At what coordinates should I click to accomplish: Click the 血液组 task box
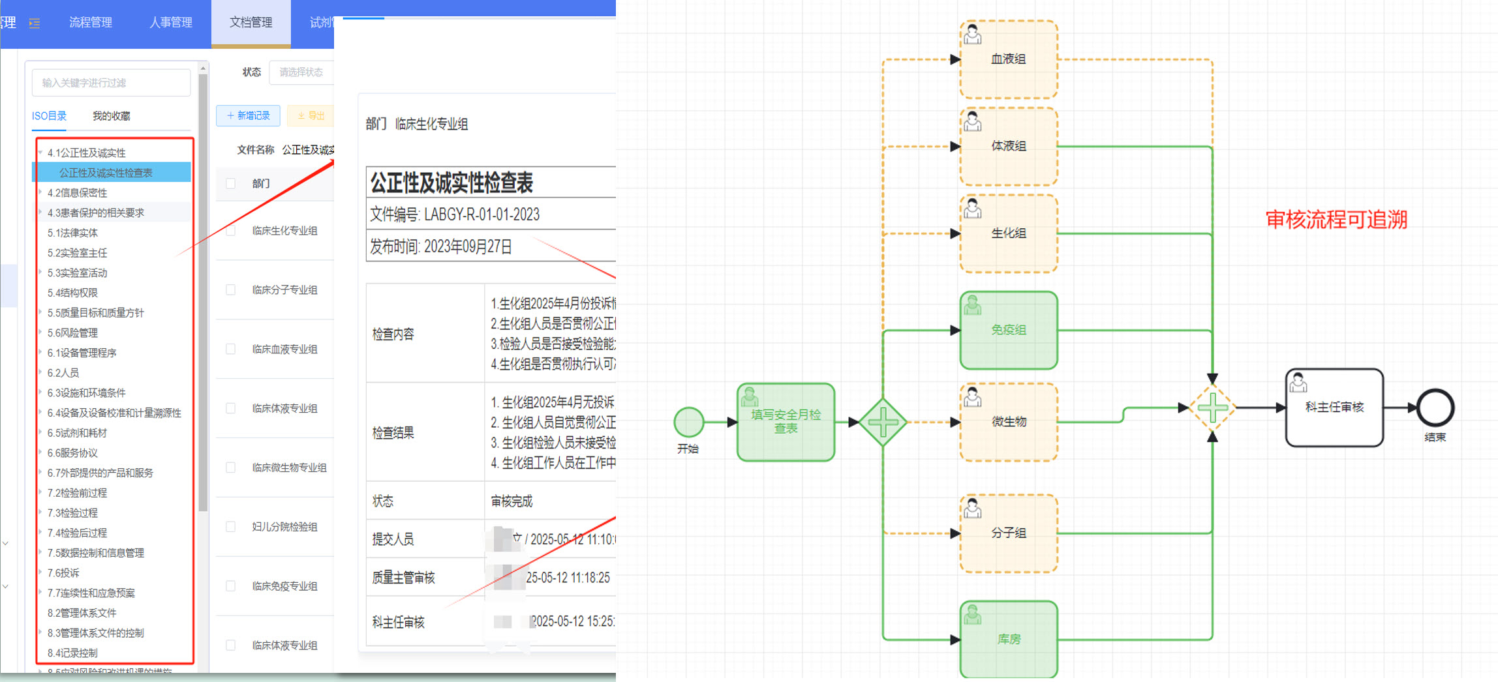click(x=1008, y=59)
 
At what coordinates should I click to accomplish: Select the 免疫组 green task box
click(x=1008, y=330)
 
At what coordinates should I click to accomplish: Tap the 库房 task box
click(x=1008, y=639)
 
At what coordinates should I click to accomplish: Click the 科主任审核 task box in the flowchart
click(x=1334, y=408)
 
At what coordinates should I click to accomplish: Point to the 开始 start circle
click(x=688, y=422)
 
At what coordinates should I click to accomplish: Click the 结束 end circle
click(x=1435, y=408)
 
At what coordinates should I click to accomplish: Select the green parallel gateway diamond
click(x=883, y=422)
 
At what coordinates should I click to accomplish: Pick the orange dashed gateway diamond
click(x=1212, y=408)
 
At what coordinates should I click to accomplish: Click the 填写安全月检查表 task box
click(x=786, y=422)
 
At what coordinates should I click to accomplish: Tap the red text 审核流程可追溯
click(x=1336, y=220)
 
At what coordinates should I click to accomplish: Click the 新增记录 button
click(x=248, y=115)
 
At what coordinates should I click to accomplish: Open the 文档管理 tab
click(x=251, y=23)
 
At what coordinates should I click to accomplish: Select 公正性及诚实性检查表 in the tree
click(x=106, y=173)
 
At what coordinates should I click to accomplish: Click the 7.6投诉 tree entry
click(x=63, y=572)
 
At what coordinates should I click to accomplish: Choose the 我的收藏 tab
click(x=111, y=116)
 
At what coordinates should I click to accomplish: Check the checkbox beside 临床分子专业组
click(x=230, y=289)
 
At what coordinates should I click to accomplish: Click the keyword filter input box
click(x=111, y=83)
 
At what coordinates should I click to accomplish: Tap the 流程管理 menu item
click(x=91, y=23)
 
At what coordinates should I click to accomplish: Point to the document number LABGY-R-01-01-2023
click(x=481, y=215)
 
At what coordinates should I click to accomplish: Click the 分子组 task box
click(x=1008, y=533)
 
